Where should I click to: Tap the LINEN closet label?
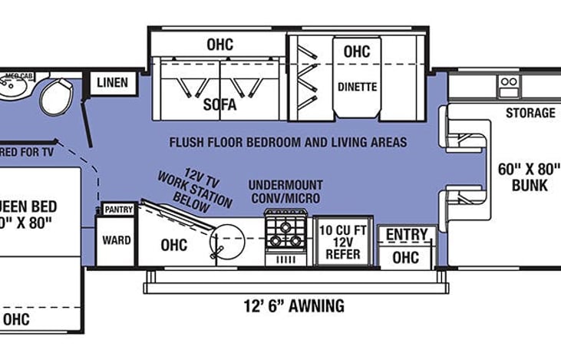point(112,82)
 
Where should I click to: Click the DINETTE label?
point(357,87)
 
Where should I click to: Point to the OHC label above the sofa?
point(219,45)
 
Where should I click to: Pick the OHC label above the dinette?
point(357,51)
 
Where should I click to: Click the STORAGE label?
point(530,113)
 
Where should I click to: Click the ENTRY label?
point(407,234)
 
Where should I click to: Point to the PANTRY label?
point(118,209)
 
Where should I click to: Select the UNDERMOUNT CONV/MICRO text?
point(285,192)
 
